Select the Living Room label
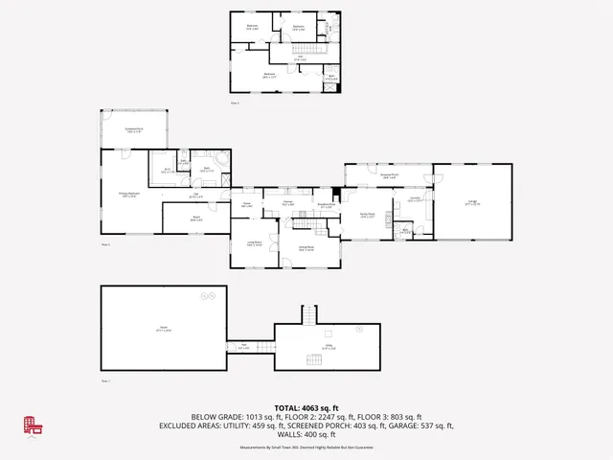point(253,243)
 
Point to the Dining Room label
point(306,249)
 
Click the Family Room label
point(367,216)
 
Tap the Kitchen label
point(287,202)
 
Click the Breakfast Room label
point(327,205)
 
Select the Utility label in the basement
point(329,347)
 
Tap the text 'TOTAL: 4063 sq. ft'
point(306,407)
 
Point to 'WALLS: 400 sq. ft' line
point(306,433)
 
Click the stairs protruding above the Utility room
point(308,314)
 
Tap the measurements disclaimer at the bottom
point(306,447)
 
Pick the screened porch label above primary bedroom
point(133,131)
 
